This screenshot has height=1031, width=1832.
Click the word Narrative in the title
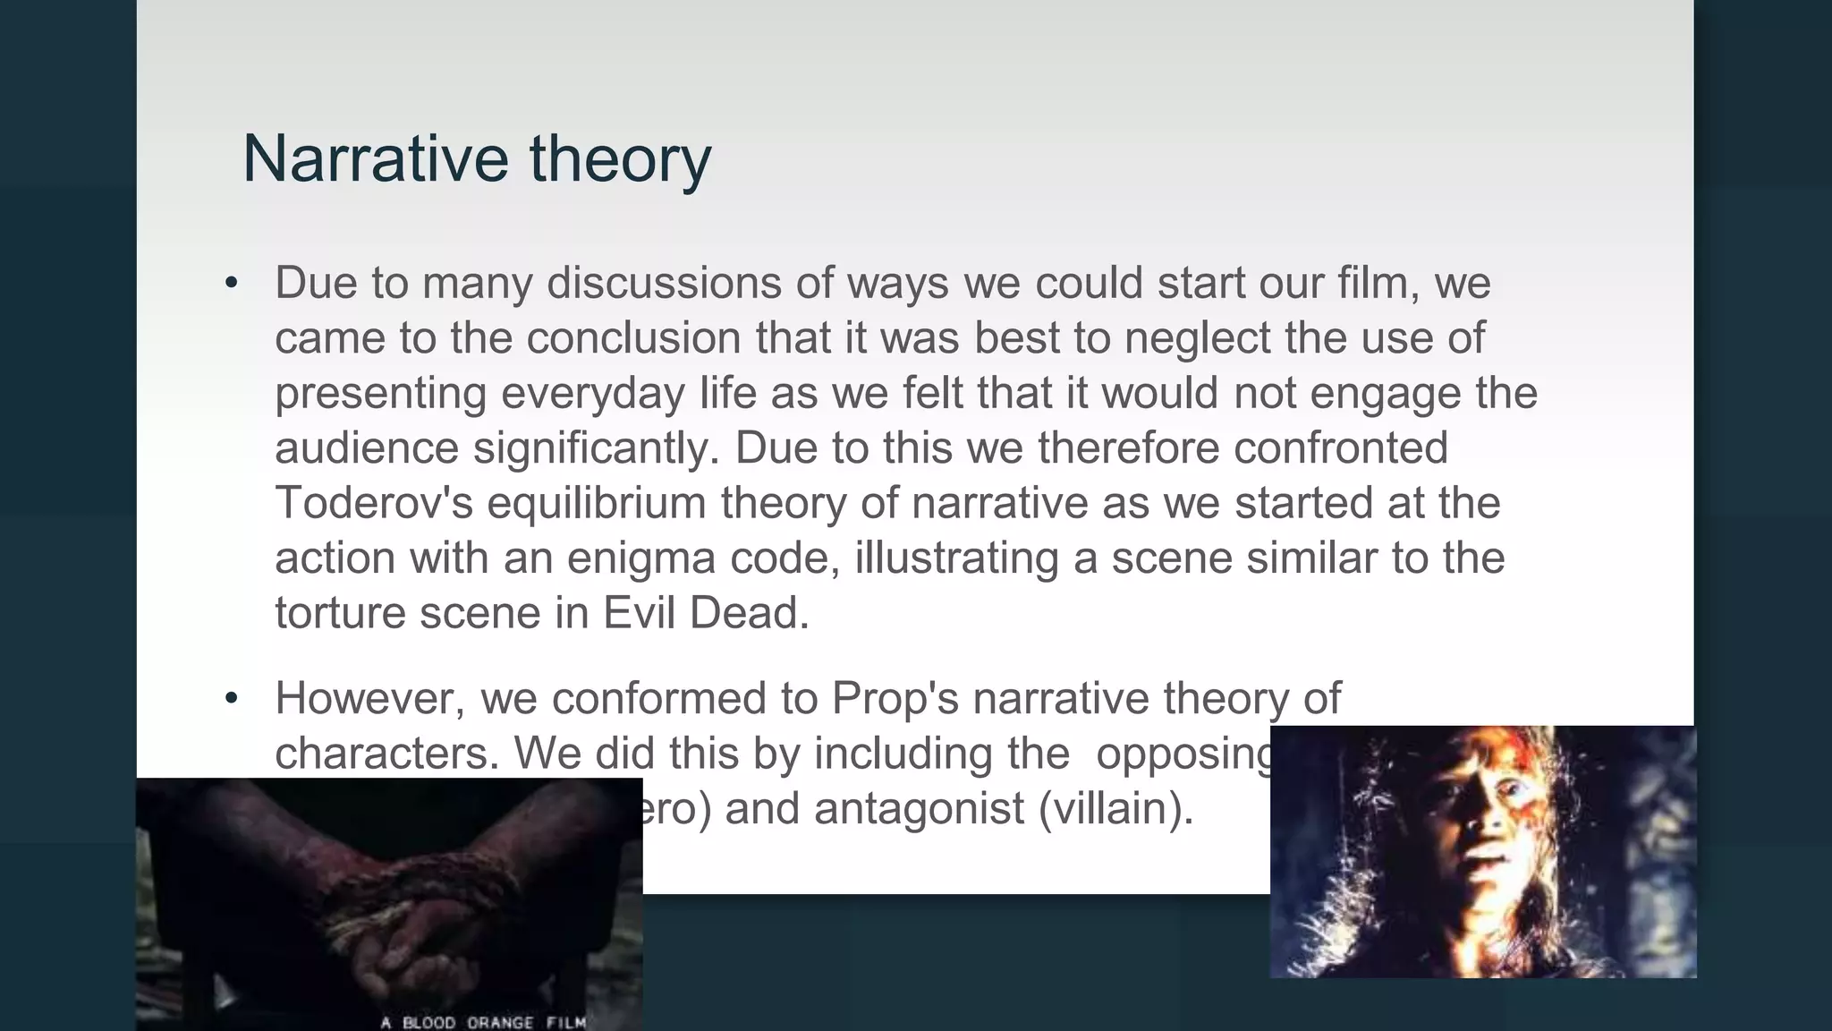click(x=376, y=159)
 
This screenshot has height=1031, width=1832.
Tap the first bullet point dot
click(x=232, y=284)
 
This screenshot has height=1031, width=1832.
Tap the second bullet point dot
click(x=232, y=698)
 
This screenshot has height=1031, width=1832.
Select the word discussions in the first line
click(x=664, y=283)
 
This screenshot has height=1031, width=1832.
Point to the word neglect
click(x=1197, y=338)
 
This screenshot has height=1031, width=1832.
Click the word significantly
click(x=596, y=448)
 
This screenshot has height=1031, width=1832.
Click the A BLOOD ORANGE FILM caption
click(x=483, y=1022)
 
